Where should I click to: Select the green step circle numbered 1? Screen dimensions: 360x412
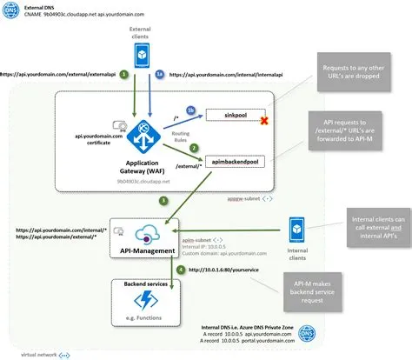tap(124, 75)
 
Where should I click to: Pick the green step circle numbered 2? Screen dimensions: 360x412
tap(196, 149)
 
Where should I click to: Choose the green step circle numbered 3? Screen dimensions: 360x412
tap(163, 201)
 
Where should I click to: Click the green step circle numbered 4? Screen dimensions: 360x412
tap(181, 270)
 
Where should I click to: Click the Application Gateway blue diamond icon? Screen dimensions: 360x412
tap(140, 135)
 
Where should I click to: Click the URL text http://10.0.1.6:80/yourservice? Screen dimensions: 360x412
tap(228, 270)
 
